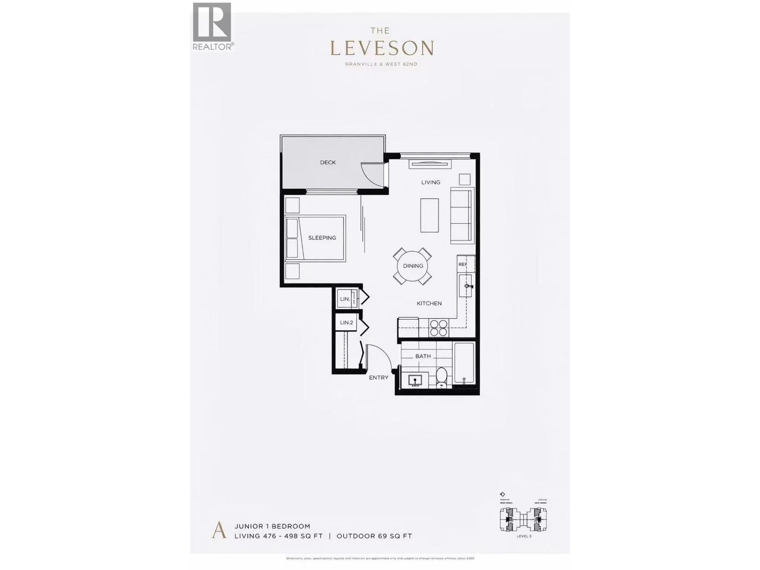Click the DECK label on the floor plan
point(328,162)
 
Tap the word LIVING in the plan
point(431,182)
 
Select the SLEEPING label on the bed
point(322,238)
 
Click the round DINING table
point(413,266)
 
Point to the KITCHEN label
point(429,304)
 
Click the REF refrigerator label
point(463,265)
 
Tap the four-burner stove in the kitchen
point(438,328)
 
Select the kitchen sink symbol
point(466,286)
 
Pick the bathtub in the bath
point(464,363)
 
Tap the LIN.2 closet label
point(347,323)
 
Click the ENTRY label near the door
point(379,378)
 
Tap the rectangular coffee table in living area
point(429,215)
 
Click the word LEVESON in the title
point(381,48)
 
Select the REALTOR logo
point(212,26)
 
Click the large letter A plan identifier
point(218,530)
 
